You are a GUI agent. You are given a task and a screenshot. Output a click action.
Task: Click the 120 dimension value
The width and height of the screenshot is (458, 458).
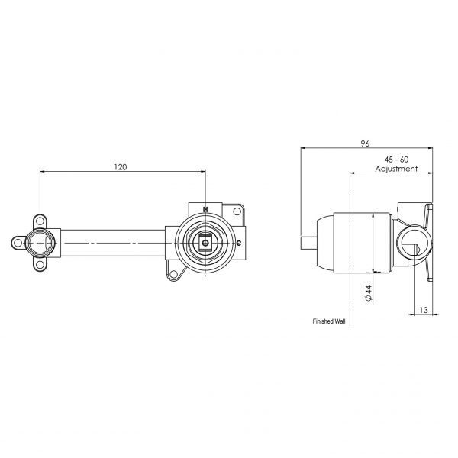point(121,166)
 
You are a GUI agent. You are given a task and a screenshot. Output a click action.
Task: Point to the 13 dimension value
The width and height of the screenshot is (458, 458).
point(424,311)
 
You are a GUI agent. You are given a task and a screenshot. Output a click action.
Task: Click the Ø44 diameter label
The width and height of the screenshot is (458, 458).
point(369,293)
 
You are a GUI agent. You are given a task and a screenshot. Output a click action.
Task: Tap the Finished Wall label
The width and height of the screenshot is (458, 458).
point(330,322)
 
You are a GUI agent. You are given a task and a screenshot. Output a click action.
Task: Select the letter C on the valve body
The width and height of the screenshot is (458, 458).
point(240,243)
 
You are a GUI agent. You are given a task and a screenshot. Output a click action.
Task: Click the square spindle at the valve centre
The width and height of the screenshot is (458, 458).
point(206,243)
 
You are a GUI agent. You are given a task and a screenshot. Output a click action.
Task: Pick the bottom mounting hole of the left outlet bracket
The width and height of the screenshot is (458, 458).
point(39,266)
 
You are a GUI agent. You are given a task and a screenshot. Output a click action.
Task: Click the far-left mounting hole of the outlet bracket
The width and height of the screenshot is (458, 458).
point(17,244)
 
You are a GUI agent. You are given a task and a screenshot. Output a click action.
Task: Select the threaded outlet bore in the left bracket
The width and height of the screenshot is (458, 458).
point(39,244)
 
